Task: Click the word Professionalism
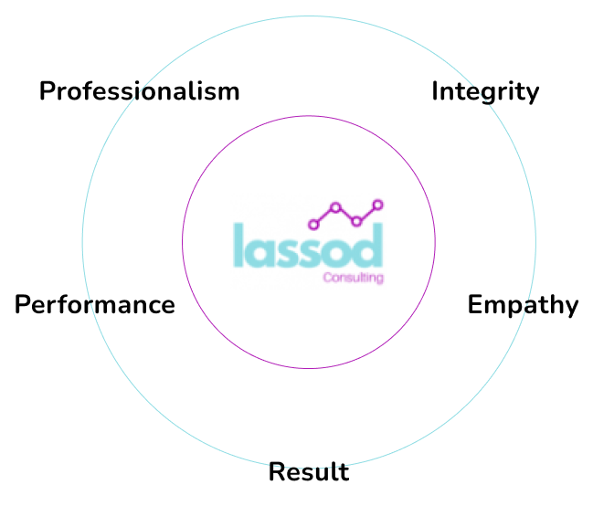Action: click(139, 91)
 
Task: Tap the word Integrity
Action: click(485, 92)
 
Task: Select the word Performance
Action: click(94, 304)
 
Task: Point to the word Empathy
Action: click(523, 305)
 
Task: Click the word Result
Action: click(309, 472)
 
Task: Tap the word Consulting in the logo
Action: click(353, 277)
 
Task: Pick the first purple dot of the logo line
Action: click(314, 224)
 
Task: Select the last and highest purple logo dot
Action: click(377, 205)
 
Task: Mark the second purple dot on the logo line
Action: click(335, 207)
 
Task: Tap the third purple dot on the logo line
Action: click(356, 221)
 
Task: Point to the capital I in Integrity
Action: click(436, 91)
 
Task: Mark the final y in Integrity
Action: click(533, 95)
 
